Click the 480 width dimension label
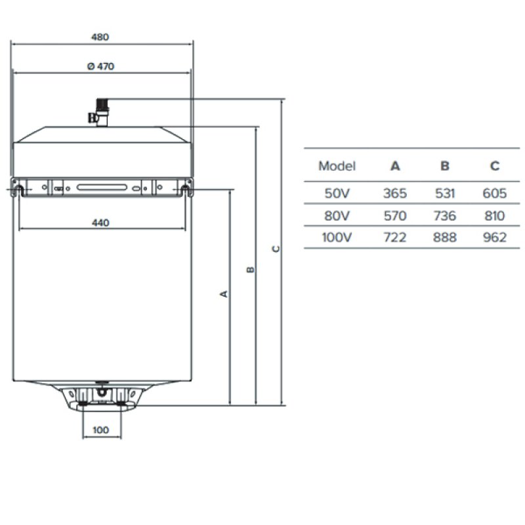(100, 37)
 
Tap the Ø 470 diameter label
(100, 66)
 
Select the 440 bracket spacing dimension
(100, 222)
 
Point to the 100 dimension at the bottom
(100, 430)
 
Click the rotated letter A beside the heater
(224, 294)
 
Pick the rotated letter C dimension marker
(276, 249)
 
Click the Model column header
(337, 166)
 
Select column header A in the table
(395, 166)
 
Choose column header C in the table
(495, 166)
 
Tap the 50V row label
(337, 193)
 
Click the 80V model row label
(337, 216)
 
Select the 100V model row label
(337, 238)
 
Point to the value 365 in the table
(395, 193)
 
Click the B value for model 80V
(445, 216)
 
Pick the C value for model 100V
(495, 238)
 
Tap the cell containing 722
(395, 238)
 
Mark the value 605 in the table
(495, 193)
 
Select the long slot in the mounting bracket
(102, 187)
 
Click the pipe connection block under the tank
(102, 398)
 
